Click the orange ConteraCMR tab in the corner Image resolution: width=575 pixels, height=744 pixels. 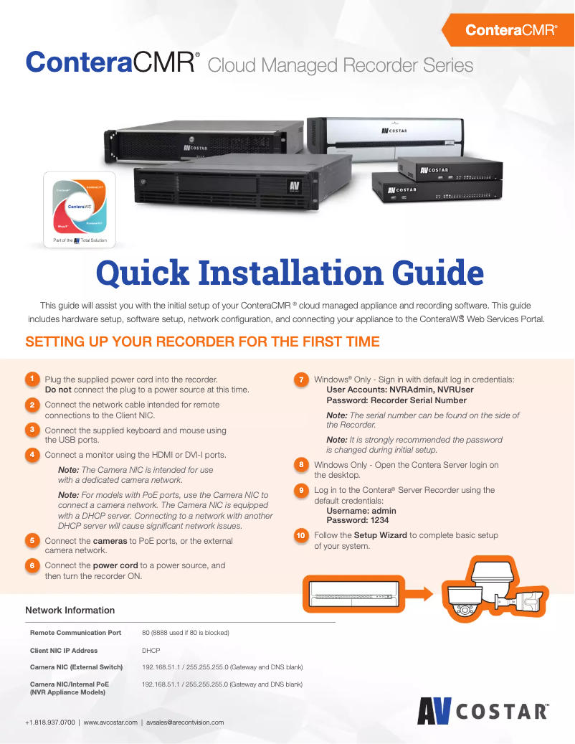510,30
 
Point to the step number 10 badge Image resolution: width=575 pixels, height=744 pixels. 302,535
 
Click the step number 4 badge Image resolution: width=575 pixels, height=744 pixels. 32,455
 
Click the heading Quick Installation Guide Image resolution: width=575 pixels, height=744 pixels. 290,273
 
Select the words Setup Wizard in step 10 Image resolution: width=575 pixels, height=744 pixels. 381,535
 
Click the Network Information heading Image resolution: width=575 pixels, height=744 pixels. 70,611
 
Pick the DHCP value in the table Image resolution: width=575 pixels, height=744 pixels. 151,651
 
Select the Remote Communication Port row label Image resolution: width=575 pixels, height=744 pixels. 75,633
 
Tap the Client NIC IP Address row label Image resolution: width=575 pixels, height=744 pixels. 64,651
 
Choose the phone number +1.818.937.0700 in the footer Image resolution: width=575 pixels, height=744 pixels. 49,722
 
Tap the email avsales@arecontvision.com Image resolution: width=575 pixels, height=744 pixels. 185,722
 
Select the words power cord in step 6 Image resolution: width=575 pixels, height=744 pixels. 115,565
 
